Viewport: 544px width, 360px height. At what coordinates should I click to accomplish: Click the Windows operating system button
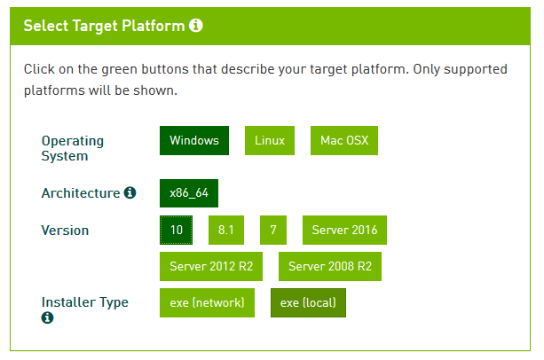(194, 140)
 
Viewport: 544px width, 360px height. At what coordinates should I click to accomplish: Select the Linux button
(270, 140)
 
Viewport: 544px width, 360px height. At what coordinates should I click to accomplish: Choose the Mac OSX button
(344, 140)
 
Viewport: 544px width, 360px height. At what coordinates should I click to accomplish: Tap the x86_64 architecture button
(189, 193)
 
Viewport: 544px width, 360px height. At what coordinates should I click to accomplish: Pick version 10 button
(177, 230)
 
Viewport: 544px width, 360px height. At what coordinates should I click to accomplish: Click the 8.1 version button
(226, 230)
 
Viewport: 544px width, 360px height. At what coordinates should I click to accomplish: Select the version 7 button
(273, 230)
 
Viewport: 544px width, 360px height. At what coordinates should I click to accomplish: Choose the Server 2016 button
(344, 230)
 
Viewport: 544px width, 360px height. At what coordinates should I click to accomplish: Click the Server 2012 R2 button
(211, 266)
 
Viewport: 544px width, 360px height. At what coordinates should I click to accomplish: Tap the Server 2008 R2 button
(330, 266)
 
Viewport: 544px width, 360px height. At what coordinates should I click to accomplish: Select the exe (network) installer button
(207, 303)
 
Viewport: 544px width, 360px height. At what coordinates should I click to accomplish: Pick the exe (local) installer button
(308, 303)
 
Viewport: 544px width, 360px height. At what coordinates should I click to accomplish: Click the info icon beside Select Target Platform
(195, 26)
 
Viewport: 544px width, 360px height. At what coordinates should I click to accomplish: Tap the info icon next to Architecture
(130, 192)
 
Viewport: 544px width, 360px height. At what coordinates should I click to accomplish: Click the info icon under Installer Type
(48, 317)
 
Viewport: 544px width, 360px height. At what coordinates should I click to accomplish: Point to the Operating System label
(73, 148)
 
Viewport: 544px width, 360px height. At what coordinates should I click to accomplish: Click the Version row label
(65, 231)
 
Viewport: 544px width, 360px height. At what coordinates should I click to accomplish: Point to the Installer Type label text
(85, 302)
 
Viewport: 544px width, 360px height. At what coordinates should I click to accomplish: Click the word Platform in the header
(154, 26)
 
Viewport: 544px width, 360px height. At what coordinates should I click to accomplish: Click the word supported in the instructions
(476, 69)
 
